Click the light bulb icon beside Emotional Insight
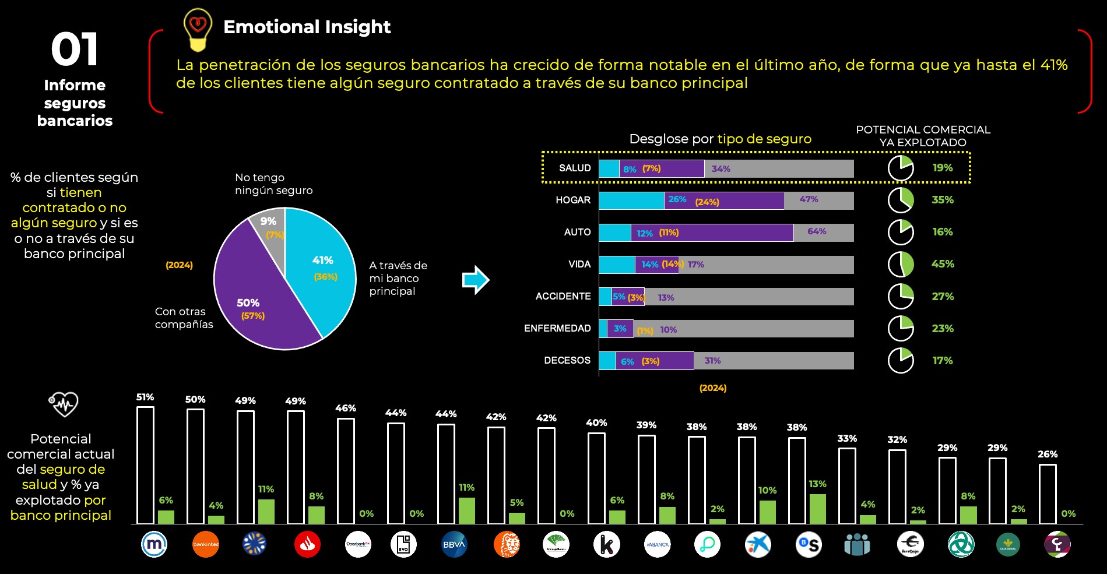(x=198, y=29)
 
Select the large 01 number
(x=75, y=50)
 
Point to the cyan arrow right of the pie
(x=476, y=280)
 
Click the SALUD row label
(x=575, y=168)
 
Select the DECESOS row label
(x=567, y=360)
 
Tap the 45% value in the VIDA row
(x=943, y=264)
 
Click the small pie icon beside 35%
(x=901, y=200)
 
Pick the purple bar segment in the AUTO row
(x=711, y=233)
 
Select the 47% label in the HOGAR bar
(x=809, y=199)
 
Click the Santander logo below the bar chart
(x=307, y=544)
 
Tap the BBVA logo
(x=454, y=544)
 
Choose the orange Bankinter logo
(x=206, y=544)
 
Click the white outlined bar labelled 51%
(x=145, y=465)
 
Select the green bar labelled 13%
(x=817, y=509)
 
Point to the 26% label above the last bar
(x=1047, y=454)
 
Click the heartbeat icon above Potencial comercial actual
(x=63, y=404)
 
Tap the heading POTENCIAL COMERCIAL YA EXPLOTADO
(x=923, y=136)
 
